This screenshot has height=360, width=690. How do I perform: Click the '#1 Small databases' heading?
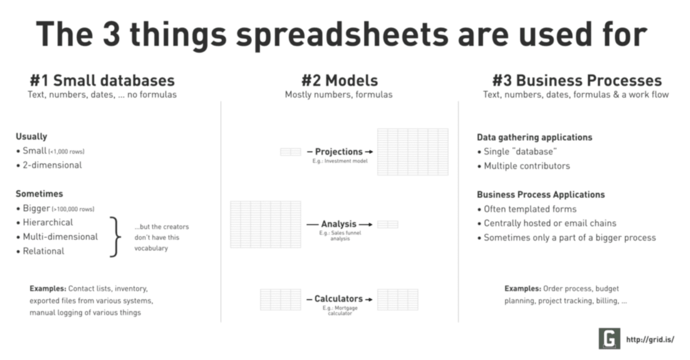coord(102,81)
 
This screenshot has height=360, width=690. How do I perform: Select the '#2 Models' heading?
coord(339,81)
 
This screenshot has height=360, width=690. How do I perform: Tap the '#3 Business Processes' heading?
coord(577,81)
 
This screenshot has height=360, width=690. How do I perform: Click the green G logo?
coord(609,338)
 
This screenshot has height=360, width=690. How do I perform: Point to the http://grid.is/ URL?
coord(650,339)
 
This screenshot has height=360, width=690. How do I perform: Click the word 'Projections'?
coord(338,151)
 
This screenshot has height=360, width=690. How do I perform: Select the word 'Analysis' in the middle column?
coord(338,224)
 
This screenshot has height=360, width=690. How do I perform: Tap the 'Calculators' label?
coord(338,299)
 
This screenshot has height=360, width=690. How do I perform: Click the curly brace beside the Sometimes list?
coord(115,237)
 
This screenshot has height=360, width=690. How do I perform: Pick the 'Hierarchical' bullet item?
coord(48,222)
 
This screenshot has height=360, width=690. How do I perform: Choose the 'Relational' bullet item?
coord(44,251)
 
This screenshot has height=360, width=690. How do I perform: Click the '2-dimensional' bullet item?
coord(52,165)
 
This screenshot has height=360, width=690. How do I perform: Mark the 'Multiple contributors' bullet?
coord(527,166)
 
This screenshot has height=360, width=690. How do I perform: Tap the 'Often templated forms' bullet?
coord(530,209)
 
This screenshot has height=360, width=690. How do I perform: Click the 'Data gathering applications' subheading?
coord(535,137)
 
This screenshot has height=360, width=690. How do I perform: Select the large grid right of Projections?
coord(413,152)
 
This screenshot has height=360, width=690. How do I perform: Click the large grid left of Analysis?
coord(266,225)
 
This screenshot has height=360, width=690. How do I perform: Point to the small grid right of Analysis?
coord(388,224)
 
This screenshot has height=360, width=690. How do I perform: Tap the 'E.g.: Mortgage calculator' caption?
coord(340,310)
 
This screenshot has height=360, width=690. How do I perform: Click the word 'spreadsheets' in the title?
coord(342,35)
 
